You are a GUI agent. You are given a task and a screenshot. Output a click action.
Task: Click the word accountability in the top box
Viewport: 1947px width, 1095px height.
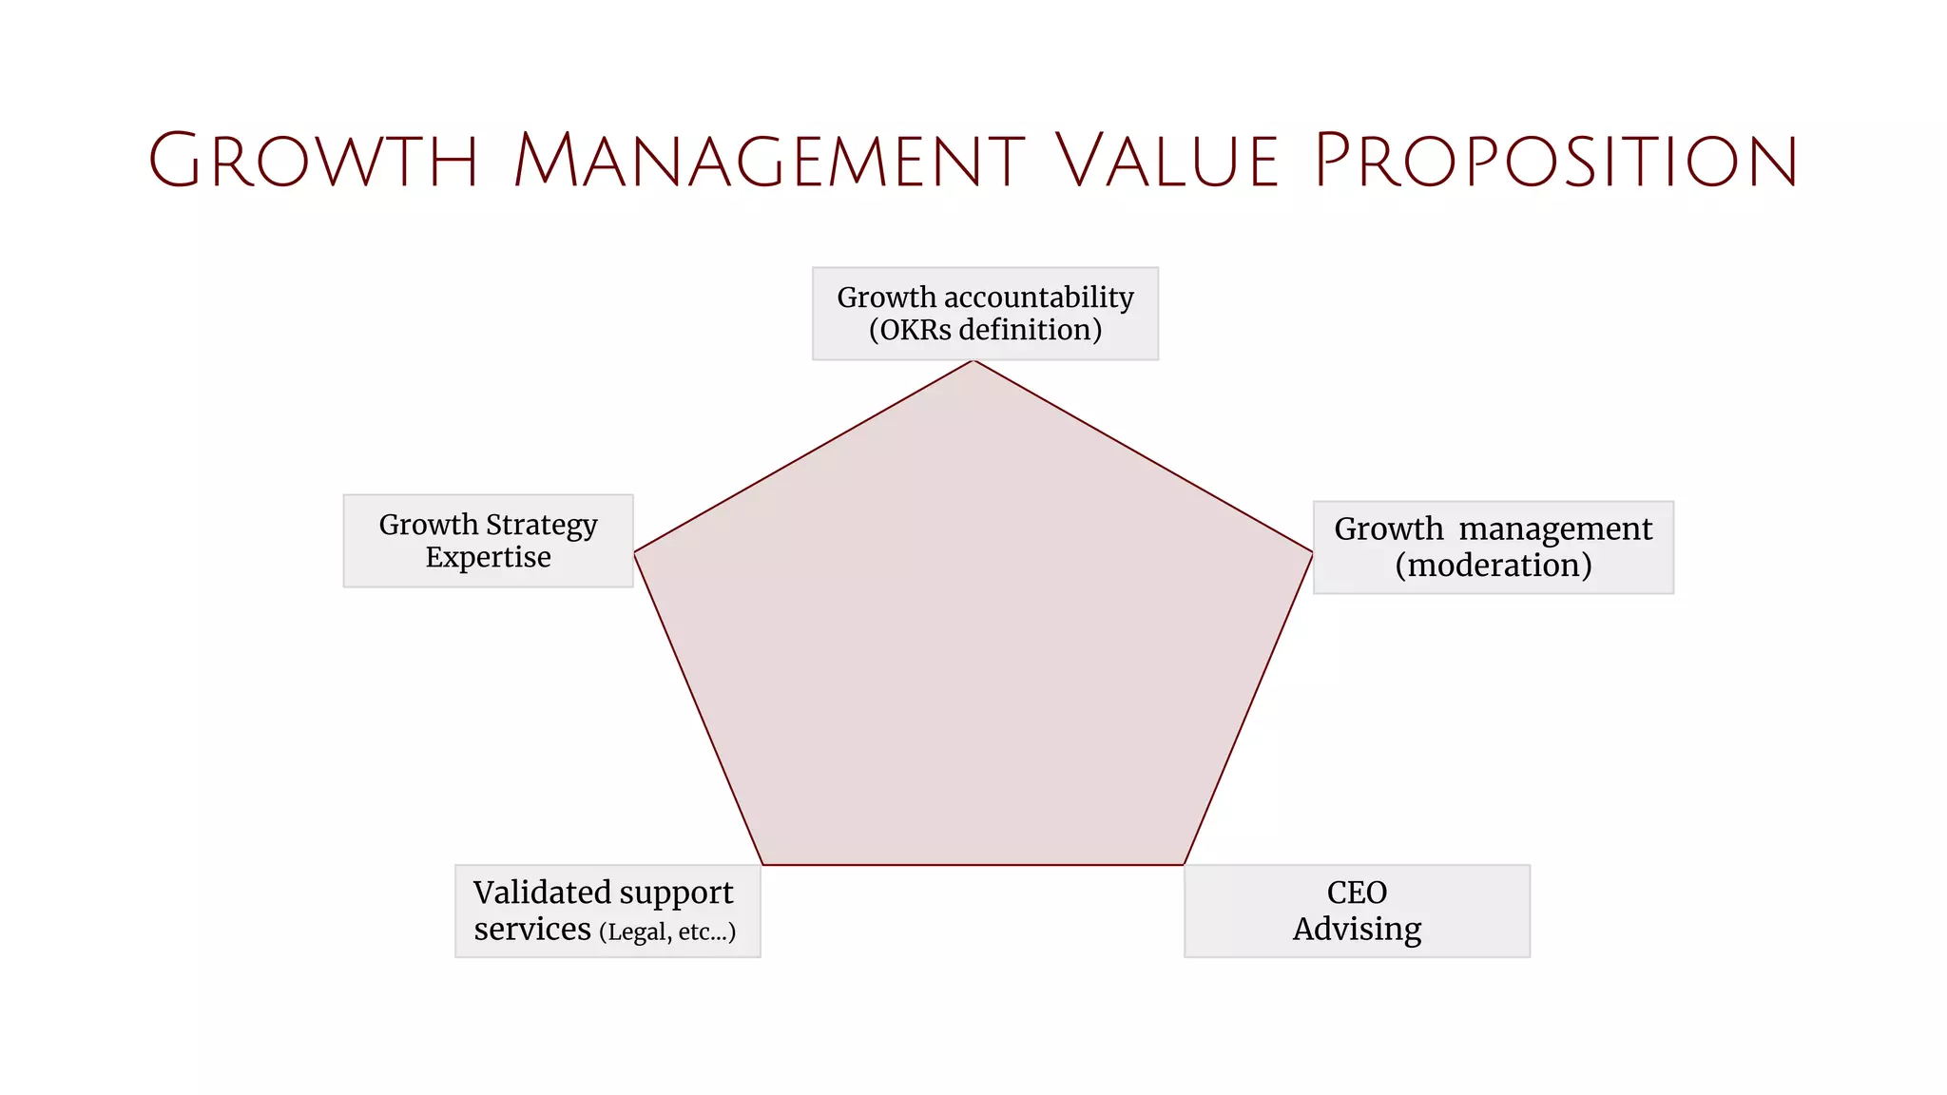point(1038,298)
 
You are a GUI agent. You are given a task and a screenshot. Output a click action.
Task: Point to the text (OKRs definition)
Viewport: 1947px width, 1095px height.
point(985,330)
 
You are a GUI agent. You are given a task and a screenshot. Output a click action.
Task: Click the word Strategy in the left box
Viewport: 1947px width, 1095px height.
point(542,525)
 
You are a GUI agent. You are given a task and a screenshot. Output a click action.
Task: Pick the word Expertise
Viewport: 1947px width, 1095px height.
point(488,557)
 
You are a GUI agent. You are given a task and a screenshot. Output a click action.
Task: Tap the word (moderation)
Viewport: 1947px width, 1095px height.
point(1493,566)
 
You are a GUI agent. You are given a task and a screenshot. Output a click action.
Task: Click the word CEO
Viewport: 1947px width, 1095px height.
point(1357,893)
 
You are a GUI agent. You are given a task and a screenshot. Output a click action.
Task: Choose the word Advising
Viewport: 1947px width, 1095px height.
point(1357,929)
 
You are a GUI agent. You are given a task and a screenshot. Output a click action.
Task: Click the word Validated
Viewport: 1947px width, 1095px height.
point(542,893)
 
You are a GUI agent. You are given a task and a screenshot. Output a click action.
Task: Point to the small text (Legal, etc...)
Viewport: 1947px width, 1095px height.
point(667,932)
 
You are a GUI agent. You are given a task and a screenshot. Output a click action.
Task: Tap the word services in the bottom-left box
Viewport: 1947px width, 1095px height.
point(532,929)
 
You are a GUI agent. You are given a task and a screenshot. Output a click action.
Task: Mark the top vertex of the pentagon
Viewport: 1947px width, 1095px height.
point(973,361)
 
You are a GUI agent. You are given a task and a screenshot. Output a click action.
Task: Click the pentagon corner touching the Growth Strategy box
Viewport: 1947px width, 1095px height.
point(635,551)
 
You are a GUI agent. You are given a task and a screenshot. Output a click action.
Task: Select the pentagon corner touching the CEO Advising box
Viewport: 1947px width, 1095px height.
point(1184,864)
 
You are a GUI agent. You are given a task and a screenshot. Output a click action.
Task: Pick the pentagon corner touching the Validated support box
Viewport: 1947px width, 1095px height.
point(762,864)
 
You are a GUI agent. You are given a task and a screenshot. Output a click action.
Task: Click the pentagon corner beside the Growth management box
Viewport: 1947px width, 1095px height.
point(1312,552)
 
